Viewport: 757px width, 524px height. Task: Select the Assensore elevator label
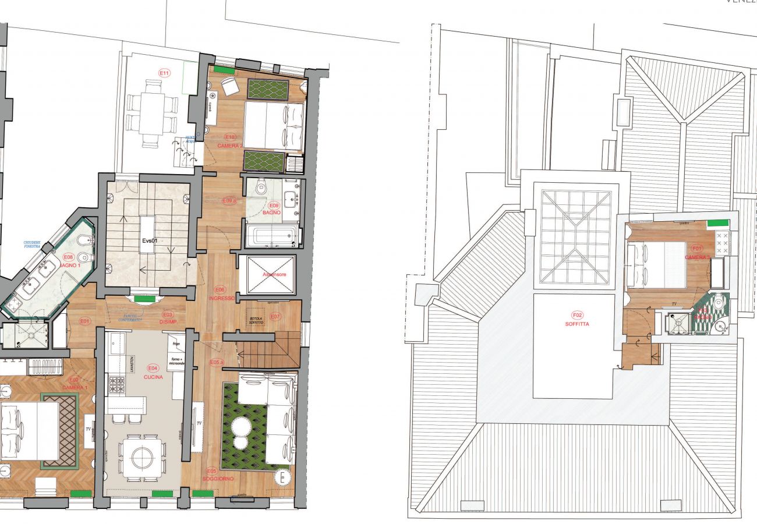[x=274, y=274]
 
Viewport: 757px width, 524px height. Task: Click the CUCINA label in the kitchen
[x=154, y=376]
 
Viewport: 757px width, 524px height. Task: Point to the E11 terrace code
[x=164, y=73]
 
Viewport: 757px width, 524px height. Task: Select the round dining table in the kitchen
[x=142, y=458]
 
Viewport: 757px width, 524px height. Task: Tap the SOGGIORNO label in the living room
[x=218, y=479]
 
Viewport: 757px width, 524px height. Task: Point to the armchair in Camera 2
[x=229, y=86]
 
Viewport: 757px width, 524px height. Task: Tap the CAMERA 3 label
[x=697, y=257]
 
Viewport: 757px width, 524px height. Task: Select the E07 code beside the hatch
[x=275, y=317]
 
